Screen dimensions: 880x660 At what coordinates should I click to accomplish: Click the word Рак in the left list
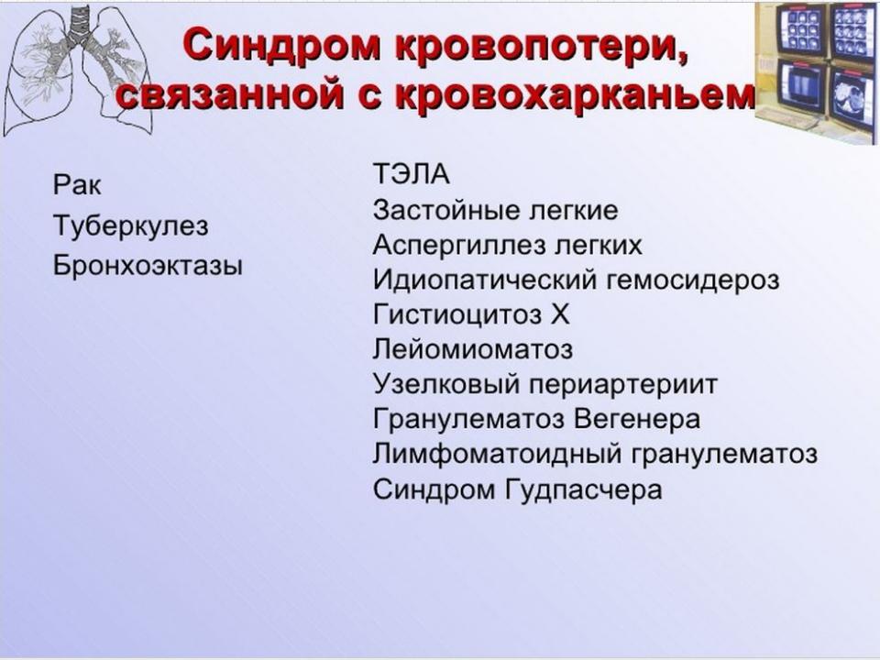click(x=77, y=184)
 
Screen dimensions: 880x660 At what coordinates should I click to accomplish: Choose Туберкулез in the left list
click(x=131, y=225)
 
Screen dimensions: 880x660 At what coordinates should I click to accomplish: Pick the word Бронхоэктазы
click(x=148, y=265)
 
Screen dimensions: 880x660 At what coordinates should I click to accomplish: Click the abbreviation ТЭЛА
click(x=412, y=174)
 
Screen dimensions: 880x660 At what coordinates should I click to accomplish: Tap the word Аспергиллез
click(x=459, y=245)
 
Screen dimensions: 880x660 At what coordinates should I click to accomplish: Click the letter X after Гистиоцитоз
click(x=559, y=314)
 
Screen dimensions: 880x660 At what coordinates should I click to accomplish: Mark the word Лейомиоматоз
click(x=473, y=349)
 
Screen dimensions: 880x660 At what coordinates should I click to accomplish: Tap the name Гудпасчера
click(x=584, y=489)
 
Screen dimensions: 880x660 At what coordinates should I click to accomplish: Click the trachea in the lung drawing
click(x=76, y=28)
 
